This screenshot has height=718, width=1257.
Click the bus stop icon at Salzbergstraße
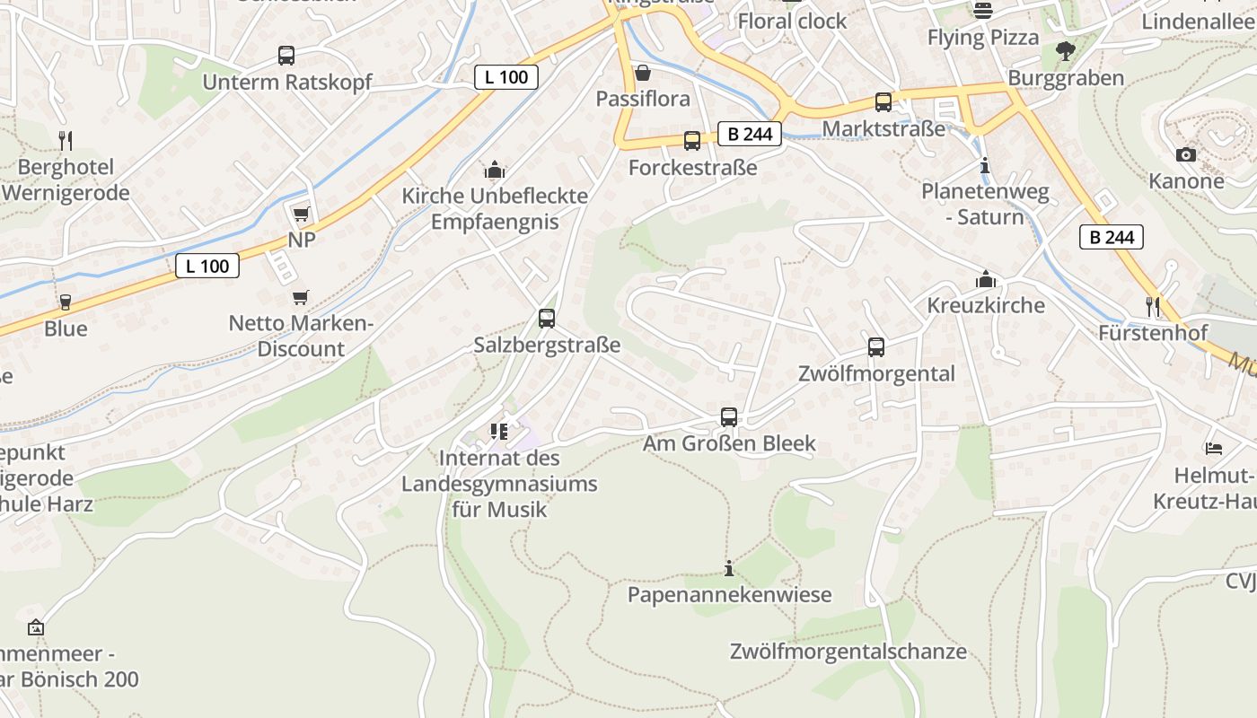[546, 318]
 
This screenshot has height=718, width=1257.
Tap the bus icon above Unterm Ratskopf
[286, 56]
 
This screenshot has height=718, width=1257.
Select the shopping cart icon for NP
[301, 214]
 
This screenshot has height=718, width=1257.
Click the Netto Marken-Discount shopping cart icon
[301, 297]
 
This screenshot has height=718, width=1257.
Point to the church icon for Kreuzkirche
[986, 279]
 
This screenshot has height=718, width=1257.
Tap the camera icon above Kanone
[1186, 154]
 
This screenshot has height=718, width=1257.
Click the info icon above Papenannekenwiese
[729, 568]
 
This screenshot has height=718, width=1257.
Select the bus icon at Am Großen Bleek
[729, 416]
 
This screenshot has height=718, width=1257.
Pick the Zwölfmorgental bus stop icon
[876, 347]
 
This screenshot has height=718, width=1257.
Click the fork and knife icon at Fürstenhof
[1154, 307]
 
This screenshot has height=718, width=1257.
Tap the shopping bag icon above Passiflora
[643, 73]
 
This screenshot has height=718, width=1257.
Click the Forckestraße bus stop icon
[692, 141]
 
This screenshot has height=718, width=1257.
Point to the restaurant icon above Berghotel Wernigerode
[65, 140]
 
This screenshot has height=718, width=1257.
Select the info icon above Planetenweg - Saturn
[985, 166]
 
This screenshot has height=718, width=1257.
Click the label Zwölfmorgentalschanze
[848, 652]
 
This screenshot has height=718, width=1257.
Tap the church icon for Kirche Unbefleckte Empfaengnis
[494, 170]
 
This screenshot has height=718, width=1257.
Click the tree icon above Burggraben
[1066, 51]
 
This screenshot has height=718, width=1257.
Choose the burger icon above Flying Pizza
[983, 11]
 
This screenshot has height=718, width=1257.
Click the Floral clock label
[792, 21]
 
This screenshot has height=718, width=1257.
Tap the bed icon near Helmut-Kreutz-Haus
[1214, 448]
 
